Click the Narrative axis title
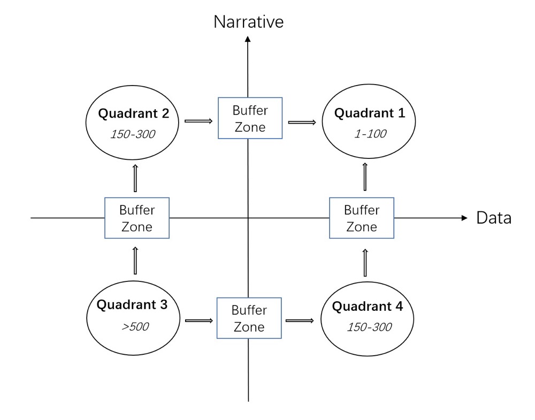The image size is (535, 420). [x=248, y=22]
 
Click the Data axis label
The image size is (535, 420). [x=494, y=218]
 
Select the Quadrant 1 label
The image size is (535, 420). [x=370, y=113]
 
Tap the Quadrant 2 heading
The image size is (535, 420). [x=133, y=113]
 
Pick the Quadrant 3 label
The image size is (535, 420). [x=132, y=304]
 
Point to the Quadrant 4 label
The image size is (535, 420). [x=368, y=307]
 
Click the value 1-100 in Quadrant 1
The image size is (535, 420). [x=371, y=134]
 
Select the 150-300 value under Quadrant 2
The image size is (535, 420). [x=133, y=134]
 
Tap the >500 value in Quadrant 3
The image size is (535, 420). [x=135, y=326]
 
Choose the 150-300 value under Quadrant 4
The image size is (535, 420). [x=369, y=327]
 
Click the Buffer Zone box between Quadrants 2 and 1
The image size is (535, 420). [x=250, y=118]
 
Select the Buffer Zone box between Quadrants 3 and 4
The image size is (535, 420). [x=249, y=318]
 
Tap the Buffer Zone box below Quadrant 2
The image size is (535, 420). [x=137, y=218]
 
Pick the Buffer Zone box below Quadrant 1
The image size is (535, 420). [x=362, y=218]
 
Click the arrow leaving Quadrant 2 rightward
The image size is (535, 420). [x=198, y=121]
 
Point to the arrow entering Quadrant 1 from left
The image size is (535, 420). [x=302, y=122]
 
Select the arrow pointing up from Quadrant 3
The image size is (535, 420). [x=135, y=261]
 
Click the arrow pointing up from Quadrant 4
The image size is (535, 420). [x=365, y=263]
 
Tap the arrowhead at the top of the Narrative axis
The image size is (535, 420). [x=248, y=39]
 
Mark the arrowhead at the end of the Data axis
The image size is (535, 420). [x=464, y=218]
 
